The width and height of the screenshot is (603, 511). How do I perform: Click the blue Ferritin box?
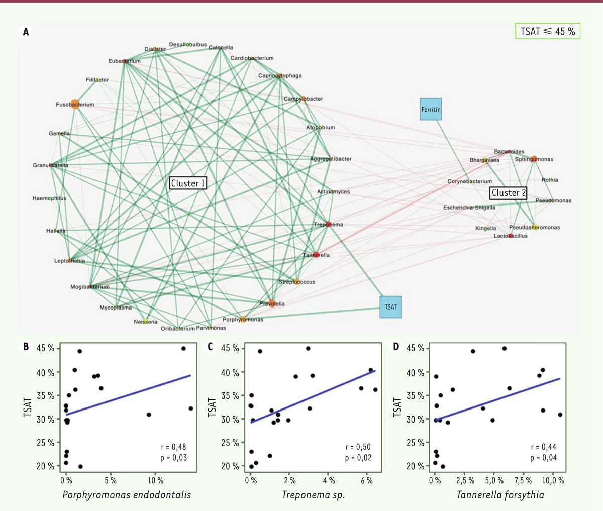(431, 109)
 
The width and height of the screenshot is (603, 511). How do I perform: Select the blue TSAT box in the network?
(390, 306)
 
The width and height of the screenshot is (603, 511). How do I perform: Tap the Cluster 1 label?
(188, 183)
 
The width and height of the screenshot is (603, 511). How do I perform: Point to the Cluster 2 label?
(509, 193)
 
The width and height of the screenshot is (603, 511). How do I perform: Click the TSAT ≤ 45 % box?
(548, 31)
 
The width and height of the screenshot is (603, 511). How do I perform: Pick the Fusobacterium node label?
(75, 105)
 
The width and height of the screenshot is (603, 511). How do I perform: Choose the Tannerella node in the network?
(316, 255)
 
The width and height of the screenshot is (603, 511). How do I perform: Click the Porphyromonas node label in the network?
(243, 320)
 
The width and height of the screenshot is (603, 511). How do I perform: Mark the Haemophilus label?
(49, 198)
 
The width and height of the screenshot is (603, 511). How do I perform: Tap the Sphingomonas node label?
(534, 159)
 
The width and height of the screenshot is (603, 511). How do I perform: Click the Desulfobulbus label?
(187, 45)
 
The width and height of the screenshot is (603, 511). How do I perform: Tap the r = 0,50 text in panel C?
(358, 447)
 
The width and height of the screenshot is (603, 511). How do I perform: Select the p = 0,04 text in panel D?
(544, 458)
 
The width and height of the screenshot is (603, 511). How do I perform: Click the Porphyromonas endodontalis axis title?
(127, 495)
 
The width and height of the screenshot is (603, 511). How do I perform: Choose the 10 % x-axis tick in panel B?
(155, 481)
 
